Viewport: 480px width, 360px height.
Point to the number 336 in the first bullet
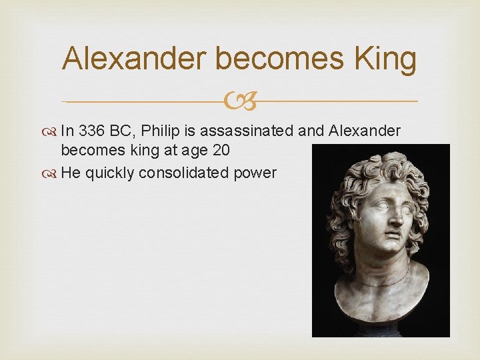point(89,131)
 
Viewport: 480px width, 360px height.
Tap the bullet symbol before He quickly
point(52,173)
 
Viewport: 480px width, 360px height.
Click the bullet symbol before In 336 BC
point(52,131)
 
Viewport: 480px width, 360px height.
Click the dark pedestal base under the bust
point(381,329)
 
